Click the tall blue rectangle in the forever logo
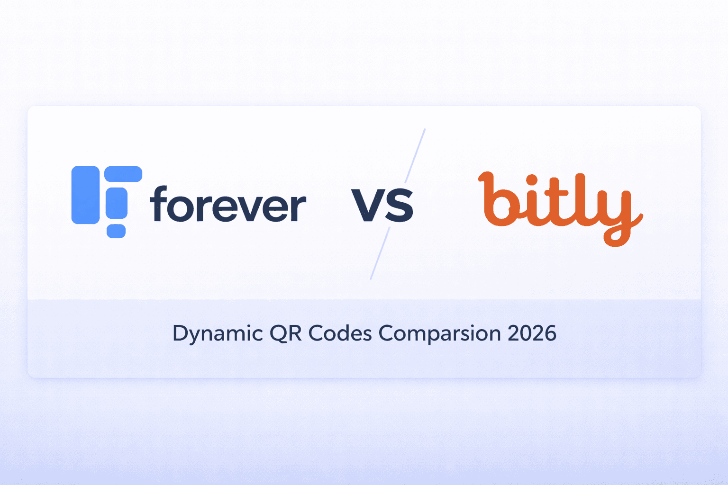pyautogui.click(x=85, y=195)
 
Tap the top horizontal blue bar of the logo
pyautogui.click(x=123, y=174)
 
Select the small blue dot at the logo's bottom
pyautogui.click(x=116, y=231)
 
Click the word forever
pyautogui.click(x=228, y=205)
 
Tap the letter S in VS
pyautogui.click(x=399, y=205)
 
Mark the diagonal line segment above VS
pyautogui.click(x=415, y=155)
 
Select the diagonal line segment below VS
pyautogui.click(x=380, y=254)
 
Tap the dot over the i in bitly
pyautogui.click(x=532, y=180)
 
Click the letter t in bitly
pyautogui.click(x=557, y=201)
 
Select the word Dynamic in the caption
pyautogui.click(x=218, y=333)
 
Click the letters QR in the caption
pyautogui.click(x=285, y=333)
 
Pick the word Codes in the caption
pyautogui.click(x=340, y=333)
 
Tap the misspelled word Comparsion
pyautogui.click(x=439, y=334)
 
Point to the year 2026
pyautogui.click(x=532, y=333)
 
